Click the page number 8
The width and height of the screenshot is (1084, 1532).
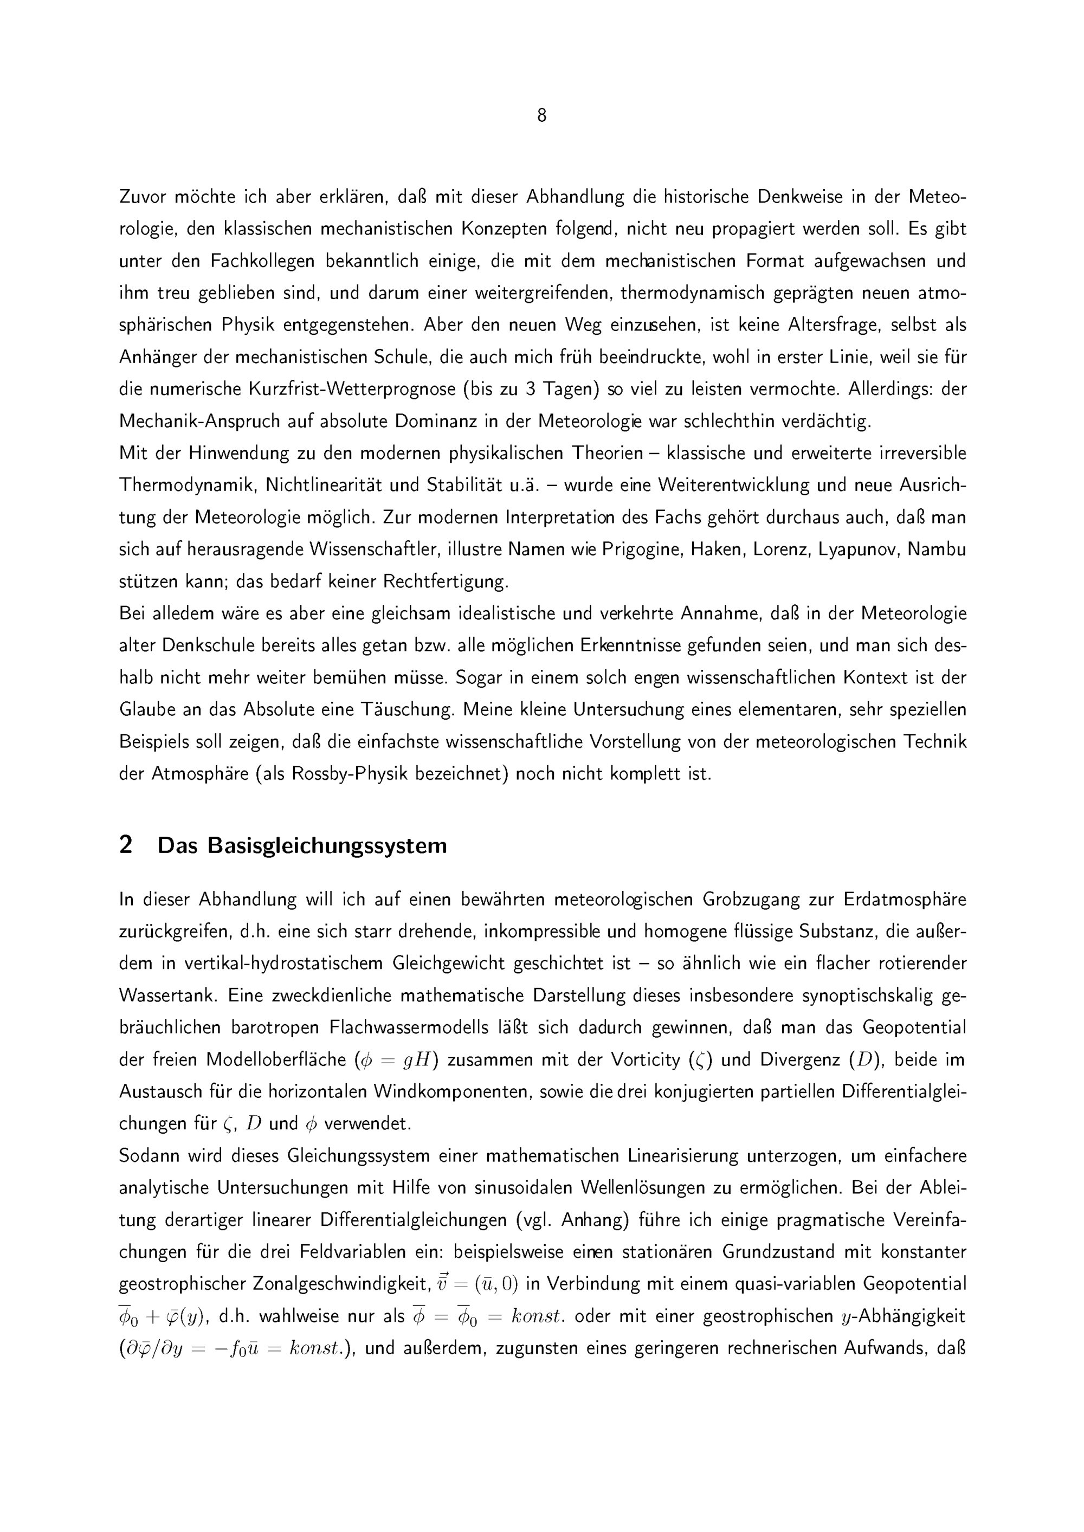pyautogui.click(x=541, y=116)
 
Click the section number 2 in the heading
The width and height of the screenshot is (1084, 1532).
pyautogui.click(x=126, y=845)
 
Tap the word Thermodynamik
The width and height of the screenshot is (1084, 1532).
pyautogui.click(x=188, y=485)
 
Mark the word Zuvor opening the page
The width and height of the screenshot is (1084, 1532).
pyautogui.click(x=141, y=197)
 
